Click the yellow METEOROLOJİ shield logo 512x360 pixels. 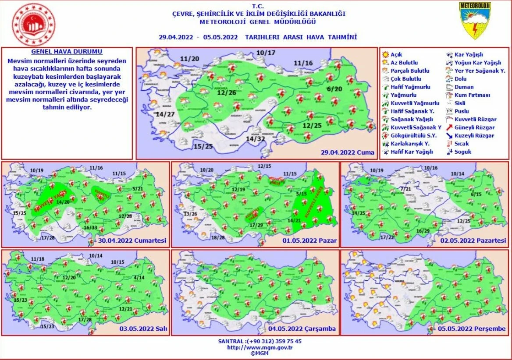(x=475, y=21)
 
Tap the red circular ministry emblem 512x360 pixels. (x=35, y=25)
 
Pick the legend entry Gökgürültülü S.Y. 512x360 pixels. (x=408, y=135)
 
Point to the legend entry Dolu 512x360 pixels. (x=461, y=79)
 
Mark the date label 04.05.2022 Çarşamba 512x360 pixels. (x=309, y=328)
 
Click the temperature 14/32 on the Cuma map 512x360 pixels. (x=256, y=139)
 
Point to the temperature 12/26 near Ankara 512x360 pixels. (x=226, y=93)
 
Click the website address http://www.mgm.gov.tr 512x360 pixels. (x=260, y=347)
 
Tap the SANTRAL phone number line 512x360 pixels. (x=260, y=341)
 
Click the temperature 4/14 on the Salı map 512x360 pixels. (x=139, y=277)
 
